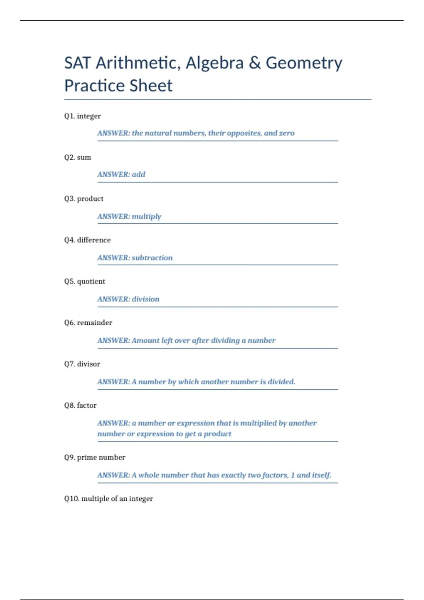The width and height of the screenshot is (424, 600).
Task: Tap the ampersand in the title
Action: pyautogui.click(x=254, y=63)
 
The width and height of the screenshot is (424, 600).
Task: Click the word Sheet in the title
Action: pyautogui.click(x=151, y=86)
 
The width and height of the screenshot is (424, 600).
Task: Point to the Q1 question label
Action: pyautogui.click(x=70, y=116)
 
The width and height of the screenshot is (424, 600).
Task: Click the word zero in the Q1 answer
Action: pyautogui.click(x=287, y=133)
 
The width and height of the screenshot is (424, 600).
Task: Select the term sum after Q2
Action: pyautogui.click(x=84, y=157)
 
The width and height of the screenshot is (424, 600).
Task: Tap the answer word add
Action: pyautogui.click(x=139, y=174)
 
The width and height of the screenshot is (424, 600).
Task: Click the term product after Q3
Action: pyautogui.click(x=90, y=199)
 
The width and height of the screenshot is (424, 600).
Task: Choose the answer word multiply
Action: pyautogui.click(x=146, y=216)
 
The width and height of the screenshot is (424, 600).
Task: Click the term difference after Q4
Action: pyautogui.click(x=94, y=240)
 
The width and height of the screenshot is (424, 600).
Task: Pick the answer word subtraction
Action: pyautogui.click(x=152, y=258)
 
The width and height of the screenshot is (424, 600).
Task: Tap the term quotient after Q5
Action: pyautogui.click(x=91, y=281)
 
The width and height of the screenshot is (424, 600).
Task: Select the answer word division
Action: pyautogui.click(x=146, y=299)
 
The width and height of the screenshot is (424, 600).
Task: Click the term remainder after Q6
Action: pyautogui.click(x=95, y=323)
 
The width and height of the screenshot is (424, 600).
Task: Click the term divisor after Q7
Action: pyautogui.click(x=89, y=364)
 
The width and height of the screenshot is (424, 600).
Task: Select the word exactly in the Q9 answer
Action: pyautogui.click(x=234, y=475)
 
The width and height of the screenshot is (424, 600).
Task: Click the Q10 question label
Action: pyautogui.click(x=72, y=499)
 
